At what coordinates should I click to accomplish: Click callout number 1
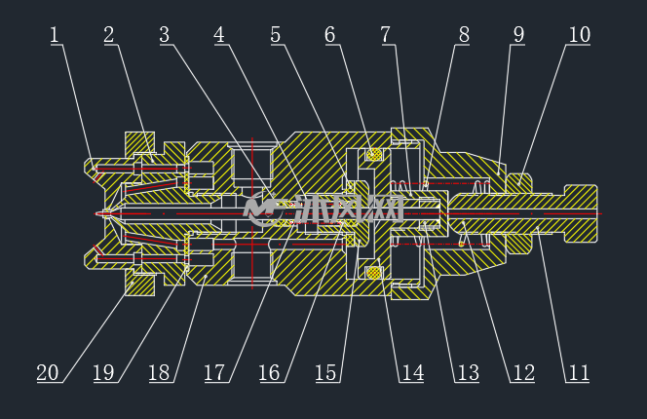point(54,35)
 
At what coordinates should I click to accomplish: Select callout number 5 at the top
point(276,35)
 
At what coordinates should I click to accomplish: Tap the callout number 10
point(580,35)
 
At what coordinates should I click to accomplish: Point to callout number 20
point(48,373)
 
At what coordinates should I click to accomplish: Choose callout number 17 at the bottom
point(214,373)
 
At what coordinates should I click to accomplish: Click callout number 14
point(412,373)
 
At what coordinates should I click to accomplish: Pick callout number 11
point(579,373)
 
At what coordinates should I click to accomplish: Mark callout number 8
point(464,35)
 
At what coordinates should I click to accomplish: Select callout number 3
point(165,35)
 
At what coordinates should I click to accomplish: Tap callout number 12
point(524,373)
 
